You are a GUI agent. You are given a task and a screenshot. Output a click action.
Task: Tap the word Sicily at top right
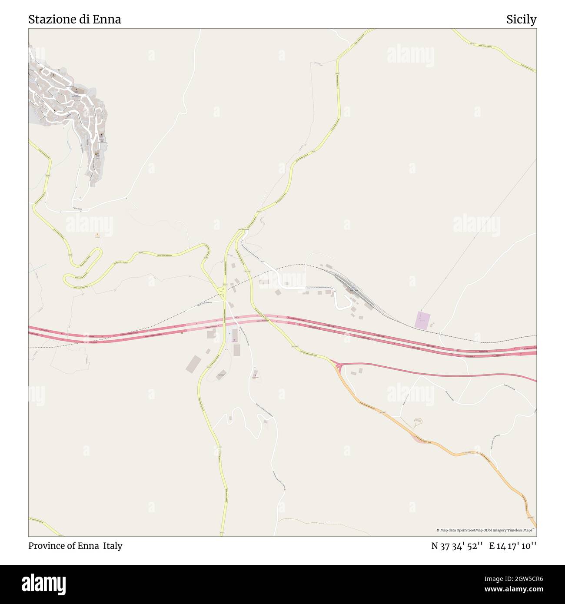click(x=521, y=19)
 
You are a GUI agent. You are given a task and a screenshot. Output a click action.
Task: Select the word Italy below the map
click(x=113, y=546)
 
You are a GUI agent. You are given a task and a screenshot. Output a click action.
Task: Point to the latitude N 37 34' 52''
click(x=457, y=546)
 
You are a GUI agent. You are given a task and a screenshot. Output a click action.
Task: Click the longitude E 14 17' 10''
click(x=512, y=546)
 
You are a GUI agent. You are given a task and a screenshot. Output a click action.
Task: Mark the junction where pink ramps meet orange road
click(x=338, y=366)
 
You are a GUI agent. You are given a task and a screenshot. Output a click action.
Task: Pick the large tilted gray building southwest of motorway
click(x=194, y=364)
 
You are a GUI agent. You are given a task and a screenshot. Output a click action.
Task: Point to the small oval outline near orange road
click(x=418, y=420)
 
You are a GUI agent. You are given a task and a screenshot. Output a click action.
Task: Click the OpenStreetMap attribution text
click(x=485, y=530)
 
